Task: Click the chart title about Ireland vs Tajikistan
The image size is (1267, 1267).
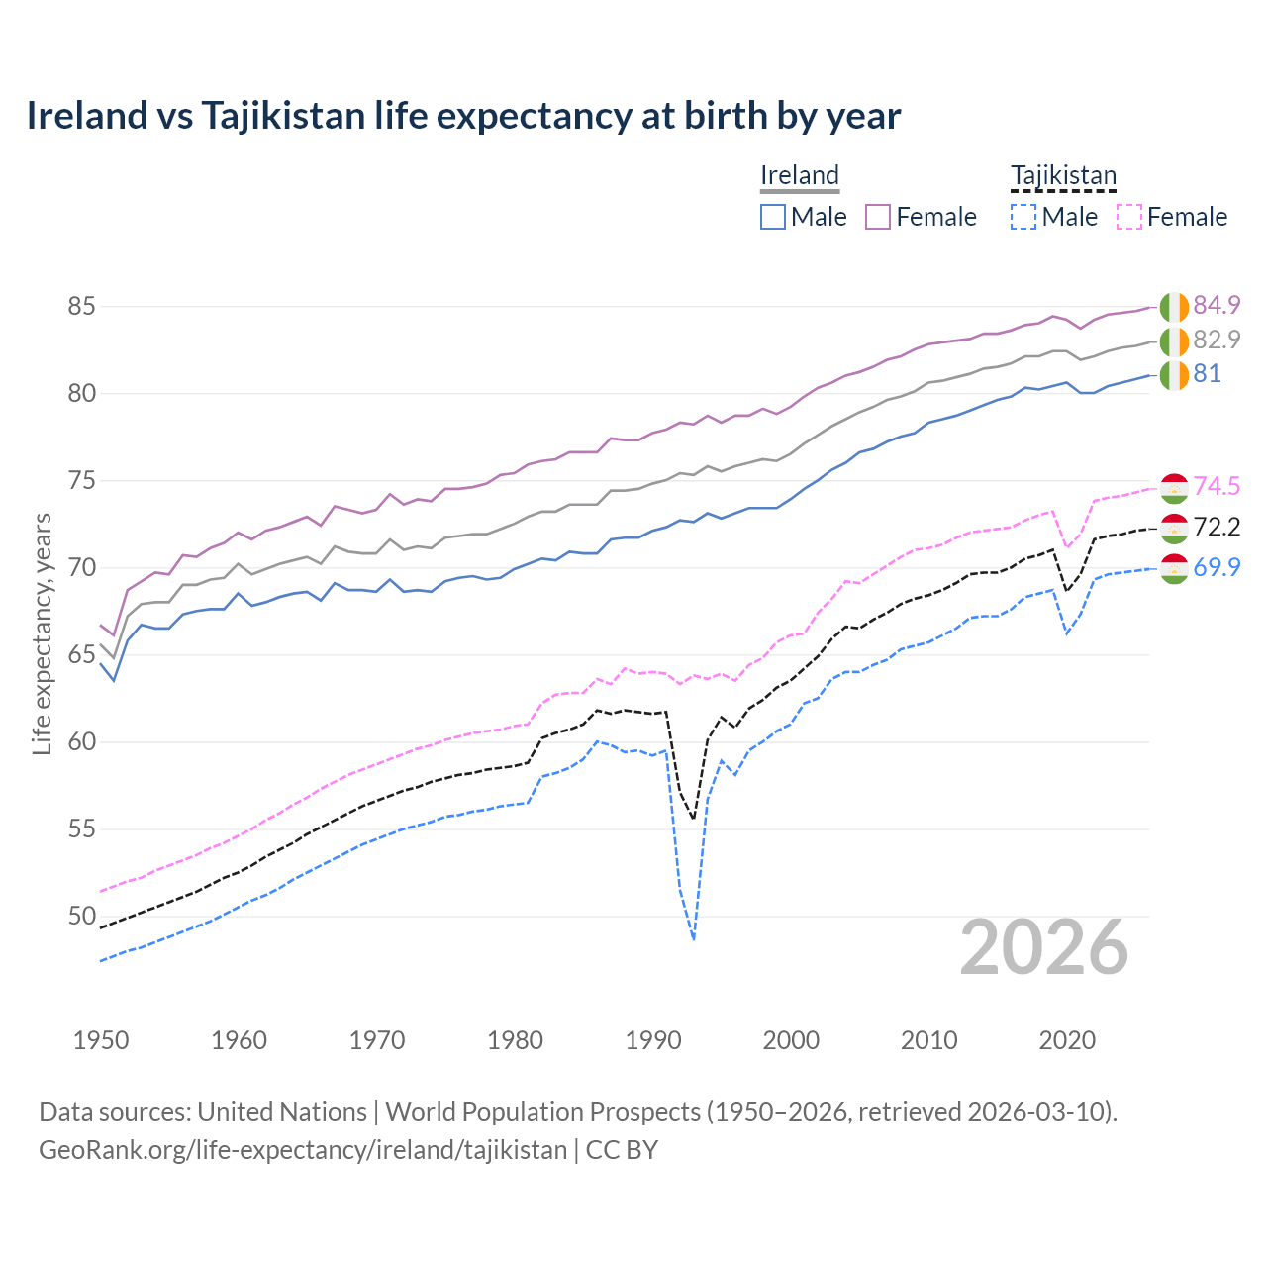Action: (463, 116)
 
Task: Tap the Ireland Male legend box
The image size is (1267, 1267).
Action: (773, 217)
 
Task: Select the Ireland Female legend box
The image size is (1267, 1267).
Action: (878, 217)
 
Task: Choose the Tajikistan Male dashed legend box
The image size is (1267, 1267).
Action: (1023, 217)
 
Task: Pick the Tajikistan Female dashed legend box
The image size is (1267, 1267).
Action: (1129, 217)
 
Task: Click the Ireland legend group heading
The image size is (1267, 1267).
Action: (800, 175)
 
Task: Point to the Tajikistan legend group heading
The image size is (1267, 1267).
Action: (1063, 175)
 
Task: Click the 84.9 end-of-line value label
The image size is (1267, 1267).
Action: (1217, 305)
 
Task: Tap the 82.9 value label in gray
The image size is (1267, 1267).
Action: (1217, 340)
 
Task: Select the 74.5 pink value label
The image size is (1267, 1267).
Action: (1217, 486)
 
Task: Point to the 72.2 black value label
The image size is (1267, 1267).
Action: (1217, 527)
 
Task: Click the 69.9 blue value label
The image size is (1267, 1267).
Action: (1217, 567)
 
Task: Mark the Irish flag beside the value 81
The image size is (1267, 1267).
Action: (1174, 375)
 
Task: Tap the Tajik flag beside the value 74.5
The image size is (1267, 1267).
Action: (1174, 487)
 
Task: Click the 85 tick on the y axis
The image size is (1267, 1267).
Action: (81, 307)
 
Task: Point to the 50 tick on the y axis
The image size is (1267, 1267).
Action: (81, 917)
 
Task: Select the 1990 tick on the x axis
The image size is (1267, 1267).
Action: (653, 1040)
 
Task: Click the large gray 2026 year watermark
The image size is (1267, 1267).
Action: (1044, 947)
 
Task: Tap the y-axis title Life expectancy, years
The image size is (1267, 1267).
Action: (43, 633)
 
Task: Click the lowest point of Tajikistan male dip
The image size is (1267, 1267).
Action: (694, 939)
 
